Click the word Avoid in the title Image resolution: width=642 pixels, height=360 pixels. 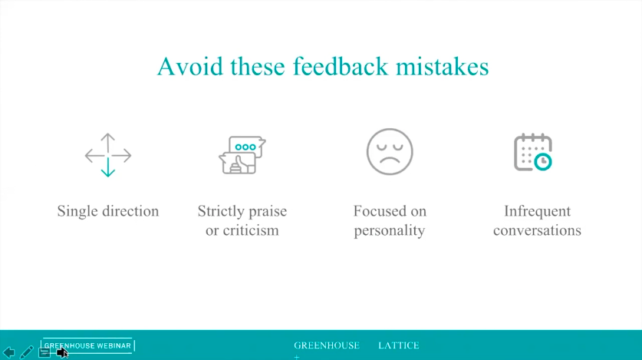click(x=190, y=66)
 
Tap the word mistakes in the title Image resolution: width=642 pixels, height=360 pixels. click(x=443, y=66)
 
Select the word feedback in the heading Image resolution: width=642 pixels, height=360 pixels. click(x=341, y=66)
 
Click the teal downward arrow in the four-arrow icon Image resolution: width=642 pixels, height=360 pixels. click(x=108, y=167)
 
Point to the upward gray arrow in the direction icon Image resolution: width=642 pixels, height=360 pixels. click(x=107, y=143)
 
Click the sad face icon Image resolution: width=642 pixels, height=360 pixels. click(x=390, y=152)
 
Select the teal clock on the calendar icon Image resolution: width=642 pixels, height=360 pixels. click(x=543, y=162)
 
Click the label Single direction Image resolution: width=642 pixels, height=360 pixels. click(x=108, y=211)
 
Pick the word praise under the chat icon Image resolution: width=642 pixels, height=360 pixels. click(x=267, y=212)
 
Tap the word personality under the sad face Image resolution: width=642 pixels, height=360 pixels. click(x=390, y=230)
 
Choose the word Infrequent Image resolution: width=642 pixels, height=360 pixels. click(x=537, y=211)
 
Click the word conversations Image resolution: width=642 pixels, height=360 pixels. click(x=537, y=230)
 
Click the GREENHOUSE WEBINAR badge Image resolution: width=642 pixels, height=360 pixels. click(x=87, y=345)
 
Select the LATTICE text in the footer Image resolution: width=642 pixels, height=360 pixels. click(x=399, y=345)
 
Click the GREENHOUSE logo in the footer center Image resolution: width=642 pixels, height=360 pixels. click(x=327, y=345)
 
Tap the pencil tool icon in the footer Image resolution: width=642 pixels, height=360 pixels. click(x=27, y=352)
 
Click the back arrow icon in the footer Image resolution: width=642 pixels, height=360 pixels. click(x=9, y=352)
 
